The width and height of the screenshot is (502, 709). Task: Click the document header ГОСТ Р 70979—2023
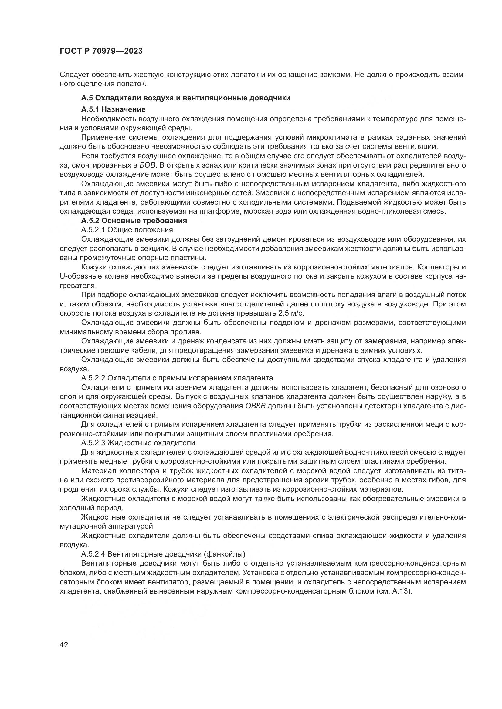click(x=101, y=51)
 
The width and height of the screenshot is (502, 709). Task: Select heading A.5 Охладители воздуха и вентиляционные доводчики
click(x=185, y=98)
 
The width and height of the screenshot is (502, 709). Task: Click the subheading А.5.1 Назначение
click(x=113, y=109)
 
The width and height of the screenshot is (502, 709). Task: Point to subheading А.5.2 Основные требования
click(x=134, y=221)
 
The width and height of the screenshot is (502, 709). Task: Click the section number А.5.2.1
click(x=93, y=230)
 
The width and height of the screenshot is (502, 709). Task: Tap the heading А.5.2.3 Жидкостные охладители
click(x=138, y=443)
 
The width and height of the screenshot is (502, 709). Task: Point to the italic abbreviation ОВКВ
click(x=255, y=406)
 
